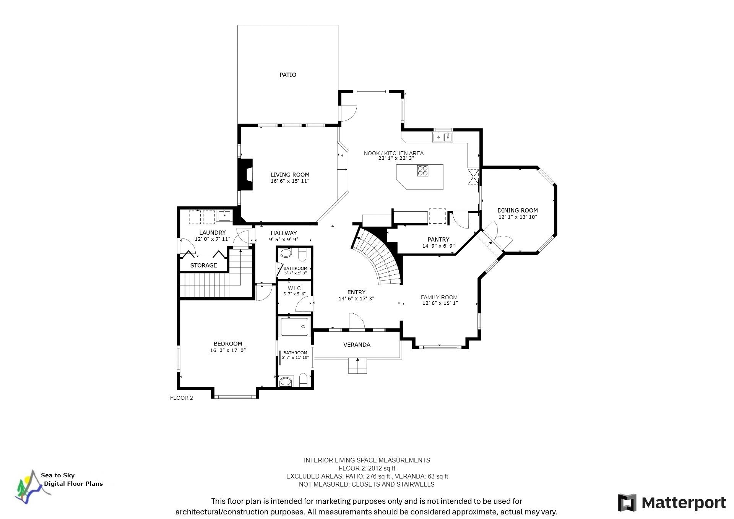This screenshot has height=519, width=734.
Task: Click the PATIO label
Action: point(288,75)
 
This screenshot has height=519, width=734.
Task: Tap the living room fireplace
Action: point(245,174)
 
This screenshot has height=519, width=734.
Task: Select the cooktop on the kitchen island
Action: point(422,170)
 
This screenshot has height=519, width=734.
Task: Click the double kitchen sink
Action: point(443,137)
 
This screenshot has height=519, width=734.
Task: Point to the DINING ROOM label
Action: point(518,210)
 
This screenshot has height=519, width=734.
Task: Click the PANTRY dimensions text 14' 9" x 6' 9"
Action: point(438,246)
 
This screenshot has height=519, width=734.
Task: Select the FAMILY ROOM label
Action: point(439,297)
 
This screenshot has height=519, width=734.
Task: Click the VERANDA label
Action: point(357,345)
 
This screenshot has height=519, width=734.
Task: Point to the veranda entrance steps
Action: point(357,366)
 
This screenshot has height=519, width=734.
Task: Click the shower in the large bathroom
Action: point(294,327)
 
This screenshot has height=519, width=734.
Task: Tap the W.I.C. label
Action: point(295,288)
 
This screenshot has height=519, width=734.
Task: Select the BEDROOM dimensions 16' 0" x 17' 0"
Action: point(228,350)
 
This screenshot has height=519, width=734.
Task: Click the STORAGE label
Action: point(204,265)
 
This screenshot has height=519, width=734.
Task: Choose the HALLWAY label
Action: point(284,233)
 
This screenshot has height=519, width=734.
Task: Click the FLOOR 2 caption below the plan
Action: point(182,398)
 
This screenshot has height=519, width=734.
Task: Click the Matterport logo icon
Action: point(627,503)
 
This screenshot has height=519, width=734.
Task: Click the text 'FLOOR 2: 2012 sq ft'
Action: point(367,468)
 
